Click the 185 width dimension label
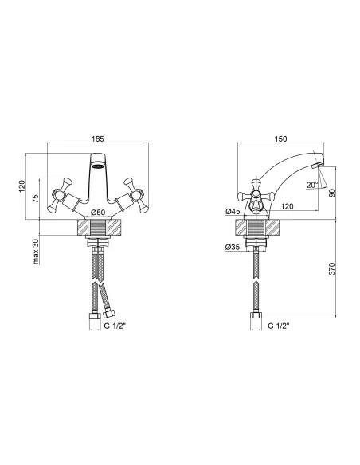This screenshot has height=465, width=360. (x=98, y=139)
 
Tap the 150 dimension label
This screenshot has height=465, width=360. (x=280, y=139)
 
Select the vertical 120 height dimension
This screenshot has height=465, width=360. (x=22, y=186)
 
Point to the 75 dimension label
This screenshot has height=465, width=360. (x=36, y=198)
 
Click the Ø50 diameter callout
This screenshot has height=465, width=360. (x=98, y=213)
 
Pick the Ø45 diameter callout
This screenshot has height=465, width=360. (x=233, y=212)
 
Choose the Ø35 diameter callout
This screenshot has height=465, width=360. (x=233, y=247)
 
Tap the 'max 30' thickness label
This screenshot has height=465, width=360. (x=36, y=252)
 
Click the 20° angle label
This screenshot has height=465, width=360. (x=312, y=185)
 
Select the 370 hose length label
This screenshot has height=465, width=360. (x=332, y=268)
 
